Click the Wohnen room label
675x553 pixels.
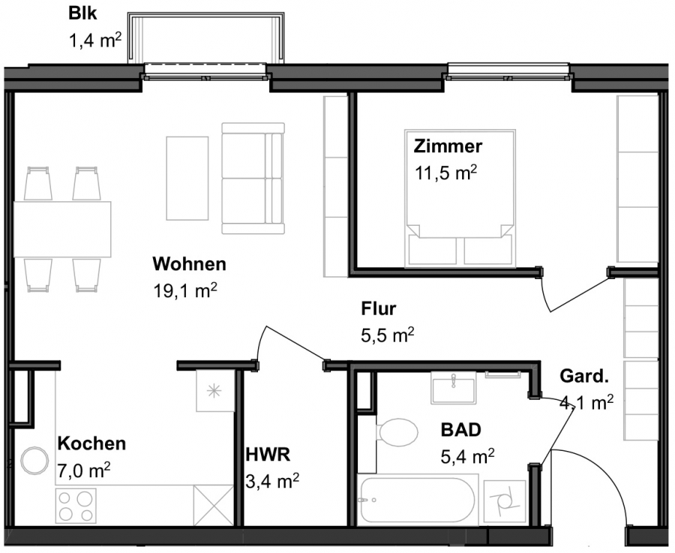[190, 263]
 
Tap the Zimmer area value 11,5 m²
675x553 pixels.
[445, 173]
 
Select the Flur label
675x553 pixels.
[379, 309]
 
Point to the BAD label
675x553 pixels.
[460, 429]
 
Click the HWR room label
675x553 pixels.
[268, 455]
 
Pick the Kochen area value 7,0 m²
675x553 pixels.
[83, 470]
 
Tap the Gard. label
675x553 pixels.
[583, 376]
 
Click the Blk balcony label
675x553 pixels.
[82, 14]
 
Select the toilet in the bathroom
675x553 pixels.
[396, 432]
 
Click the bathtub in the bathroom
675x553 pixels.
[418, 500]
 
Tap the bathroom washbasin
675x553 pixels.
[453, 388]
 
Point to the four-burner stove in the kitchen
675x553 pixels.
[76, 506]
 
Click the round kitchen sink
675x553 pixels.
[34, 461]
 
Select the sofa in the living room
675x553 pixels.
[253, 179]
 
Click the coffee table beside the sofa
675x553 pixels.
[187, 179]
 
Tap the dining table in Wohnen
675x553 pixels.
[62, 229]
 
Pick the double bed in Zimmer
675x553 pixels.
[460, 197]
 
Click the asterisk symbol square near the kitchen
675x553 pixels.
[215, 391]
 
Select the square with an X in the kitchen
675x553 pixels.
[214, 505]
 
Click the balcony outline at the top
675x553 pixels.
[205, 38]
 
